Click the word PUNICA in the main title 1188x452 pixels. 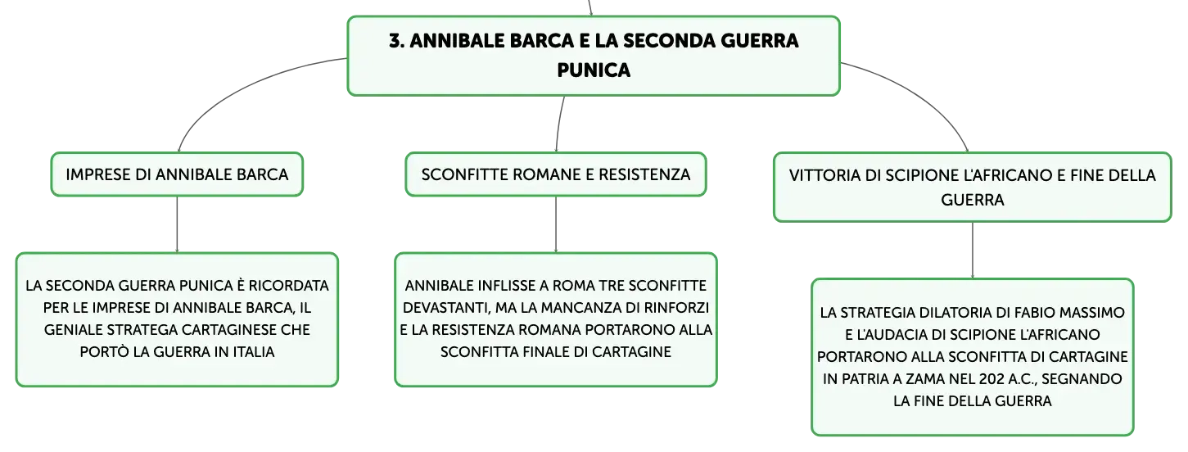coord(594,70)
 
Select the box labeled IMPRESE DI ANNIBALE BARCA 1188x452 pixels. coord(177,174)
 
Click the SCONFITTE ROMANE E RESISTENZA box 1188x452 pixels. coord(556,174)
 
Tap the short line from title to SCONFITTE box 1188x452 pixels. coord(559,124)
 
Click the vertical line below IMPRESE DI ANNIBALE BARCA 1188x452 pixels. coord(177,224)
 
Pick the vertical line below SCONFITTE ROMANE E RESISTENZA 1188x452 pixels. coord(556,224)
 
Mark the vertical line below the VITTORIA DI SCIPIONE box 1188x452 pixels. coord(973,250)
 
